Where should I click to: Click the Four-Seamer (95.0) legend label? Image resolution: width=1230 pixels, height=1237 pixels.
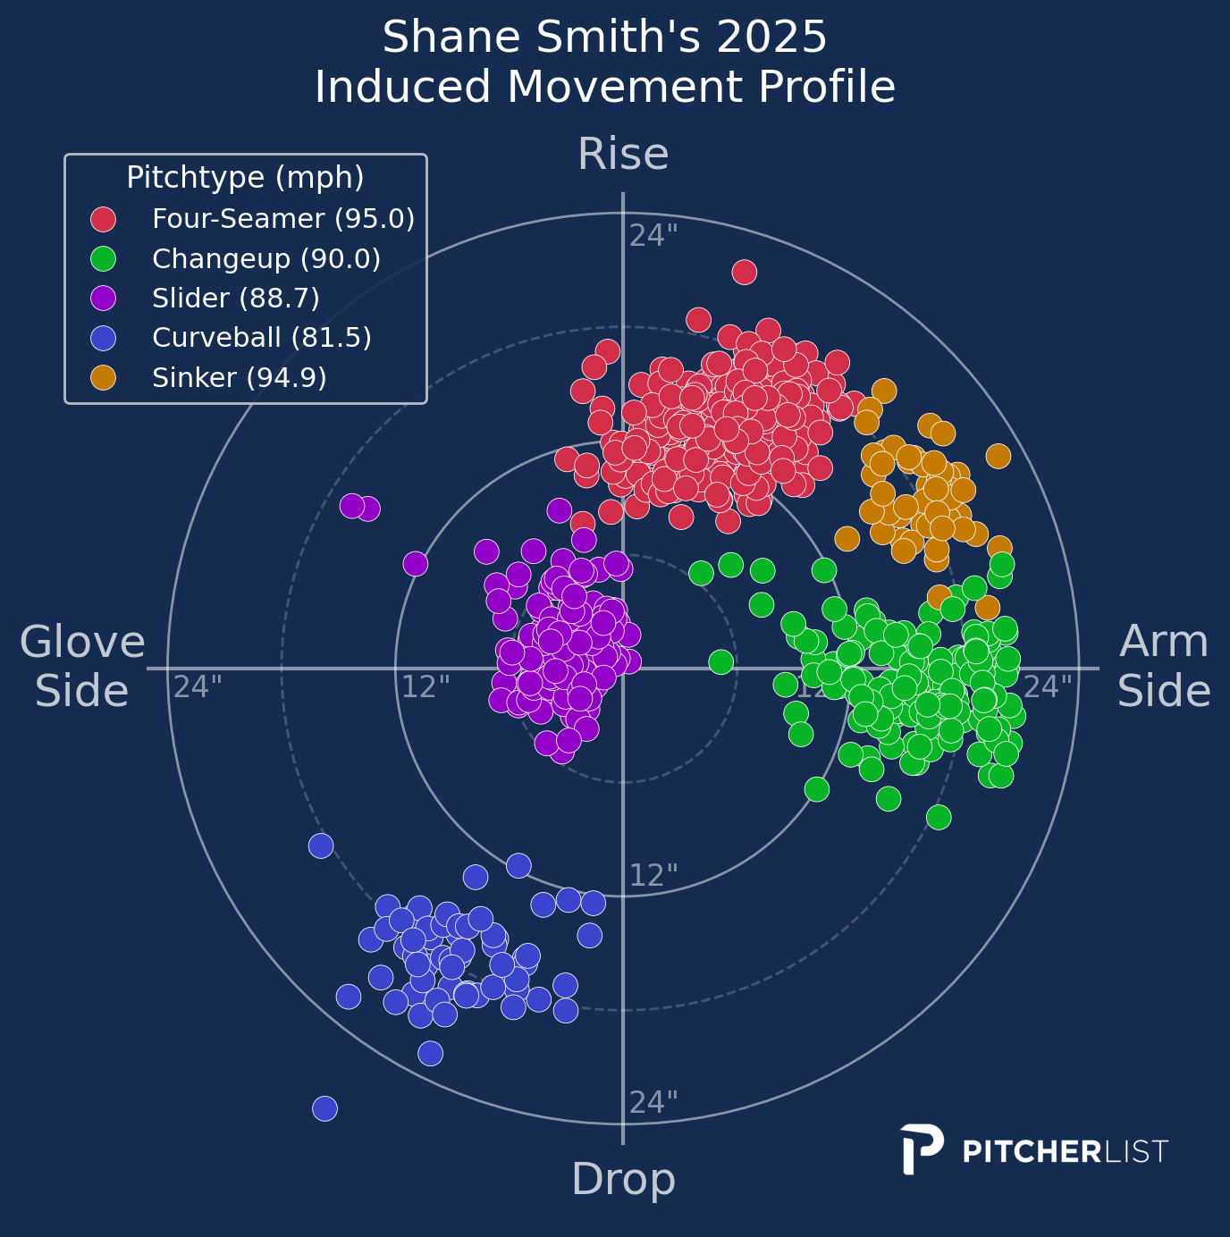[x=283, y=219]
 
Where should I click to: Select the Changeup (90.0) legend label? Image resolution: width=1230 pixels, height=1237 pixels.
[x=266, y=259]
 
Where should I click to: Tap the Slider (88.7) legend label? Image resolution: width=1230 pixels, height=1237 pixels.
[x=236, y=299]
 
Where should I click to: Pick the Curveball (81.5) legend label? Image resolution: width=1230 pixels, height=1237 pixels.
[x=262, y=338]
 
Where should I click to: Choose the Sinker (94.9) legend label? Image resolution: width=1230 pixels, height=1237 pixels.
[x=240, y=378]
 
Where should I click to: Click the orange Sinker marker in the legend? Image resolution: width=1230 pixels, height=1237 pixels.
[x=104, y=378]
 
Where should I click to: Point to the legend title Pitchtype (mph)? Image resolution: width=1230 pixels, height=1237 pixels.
[x=245, y=178]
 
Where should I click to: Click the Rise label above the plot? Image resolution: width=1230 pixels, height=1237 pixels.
[x=623, y=155]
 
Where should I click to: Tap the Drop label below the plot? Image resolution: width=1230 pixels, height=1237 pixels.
[x=623, y=1180]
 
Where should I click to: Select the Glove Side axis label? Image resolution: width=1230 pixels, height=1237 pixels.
[x=82, y=667]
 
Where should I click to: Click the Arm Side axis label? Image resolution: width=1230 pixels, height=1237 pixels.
[x=1164, y=667]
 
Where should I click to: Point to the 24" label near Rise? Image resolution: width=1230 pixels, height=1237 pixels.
[x=653, y=236]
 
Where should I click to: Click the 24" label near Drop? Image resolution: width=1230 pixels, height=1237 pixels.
[x=653, y=1103]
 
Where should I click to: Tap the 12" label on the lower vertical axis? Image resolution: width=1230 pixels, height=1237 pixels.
[x=653, y=876]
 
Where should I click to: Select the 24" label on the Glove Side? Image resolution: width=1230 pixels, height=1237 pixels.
[x=198, y=687]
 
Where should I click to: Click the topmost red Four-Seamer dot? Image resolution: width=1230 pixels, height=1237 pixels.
[x=745, y=272]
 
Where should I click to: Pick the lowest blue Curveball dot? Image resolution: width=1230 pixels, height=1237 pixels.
[x=324, y=1108]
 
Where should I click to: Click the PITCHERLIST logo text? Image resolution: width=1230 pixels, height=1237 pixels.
[x=1065, y=1151]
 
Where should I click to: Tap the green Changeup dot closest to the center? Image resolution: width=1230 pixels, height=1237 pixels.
[x=720, y=662]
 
